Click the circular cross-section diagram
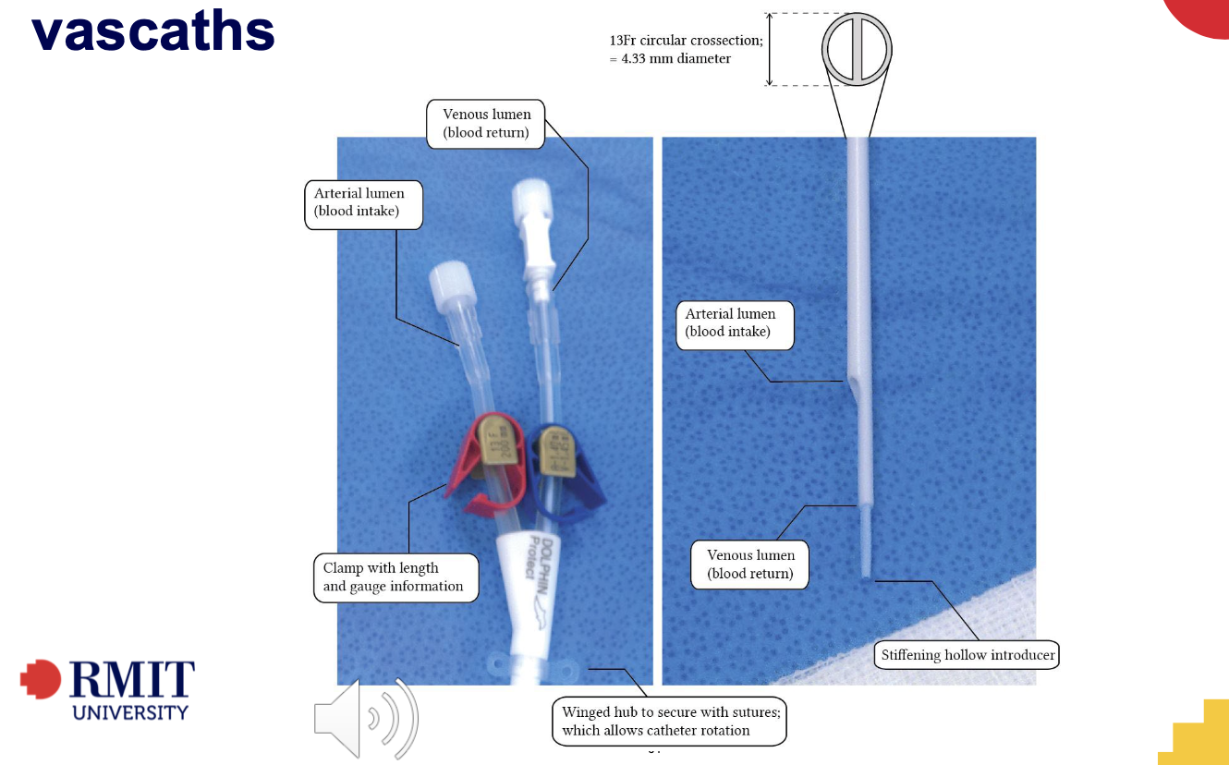pyautogui.click(x=858, y=48)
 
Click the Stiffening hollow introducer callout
pyautogui.click(x=967, y=656)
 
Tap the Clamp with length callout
pyautogui.click(x=395, y=577)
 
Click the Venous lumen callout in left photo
pyautogui.click(x=487, y=124)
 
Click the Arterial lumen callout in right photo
pyautogui.click(x=734, y=323)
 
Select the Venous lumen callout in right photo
pyautogui.click(x=750, y=565)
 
